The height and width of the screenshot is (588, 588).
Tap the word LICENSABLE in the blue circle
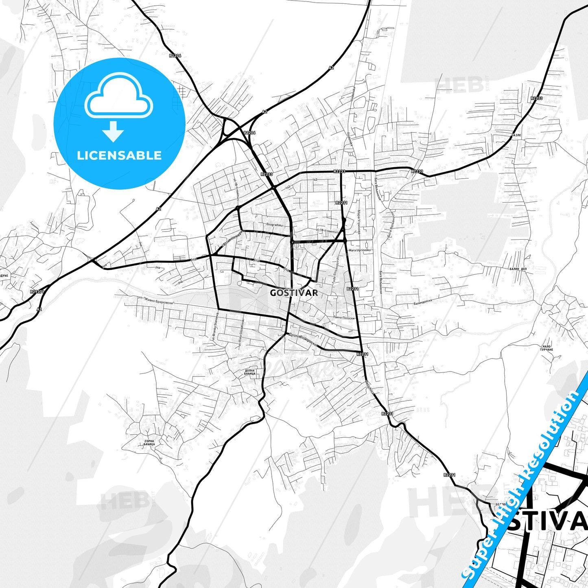(119, 155)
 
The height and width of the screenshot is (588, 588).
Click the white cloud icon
(119, 95)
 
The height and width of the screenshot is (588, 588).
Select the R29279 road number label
(37, 291)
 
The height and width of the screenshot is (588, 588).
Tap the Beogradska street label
(274, 225)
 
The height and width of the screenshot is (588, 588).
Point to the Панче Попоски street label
(344, 318)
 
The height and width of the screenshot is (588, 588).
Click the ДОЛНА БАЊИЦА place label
(249, 372)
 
